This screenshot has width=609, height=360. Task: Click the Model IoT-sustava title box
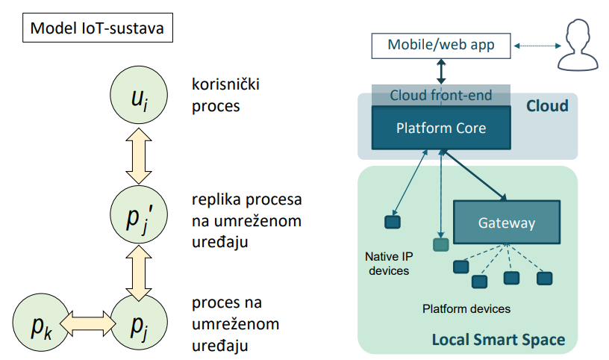pyautogui.click(x=98, y=28)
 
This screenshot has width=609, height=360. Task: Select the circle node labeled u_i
pyautogui.click(x=139, y=95)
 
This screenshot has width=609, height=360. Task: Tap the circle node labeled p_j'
pyautogui.click(x=139, y=214)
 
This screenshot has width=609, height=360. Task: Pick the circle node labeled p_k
pyautogui.click(x=41, y=323)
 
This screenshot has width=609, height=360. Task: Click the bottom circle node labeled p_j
pyautogui.click(x=139, y=323)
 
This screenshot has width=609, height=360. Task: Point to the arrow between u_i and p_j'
pyautogui.click(x=139, y=155)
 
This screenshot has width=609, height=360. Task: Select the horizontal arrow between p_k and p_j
pyautogui.click(x=88, y=323)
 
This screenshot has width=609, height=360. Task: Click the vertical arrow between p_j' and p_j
pyautogui.click(x=139, y=273)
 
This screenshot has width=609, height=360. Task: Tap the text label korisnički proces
pyautogui.click(x=225, y=96)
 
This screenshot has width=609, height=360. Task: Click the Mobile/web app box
pyautogui.click(x=441, y=46)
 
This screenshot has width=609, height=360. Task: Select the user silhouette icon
pyautogui.click(x=578, y=45)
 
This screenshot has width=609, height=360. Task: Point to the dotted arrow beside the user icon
pyautogui.click(x=537, y=46)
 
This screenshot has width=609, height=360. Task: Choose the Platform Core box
pyautogui.click(x=441, y=128)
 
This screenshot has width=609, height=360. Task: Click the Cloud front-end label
pyautogui.click(x=441, y=96)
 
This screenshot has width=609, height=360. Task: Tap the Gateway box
pyautogui.click(x=507, y=223)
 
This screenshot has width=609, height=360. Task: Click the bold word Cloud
pyautogui.click(x=547, y=106)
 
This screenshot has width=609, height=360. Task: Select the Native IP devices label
pyautogui.click(x=389, y=264)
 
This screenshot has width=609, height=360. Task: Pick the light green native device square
pyautogui.click(x=441, y=244)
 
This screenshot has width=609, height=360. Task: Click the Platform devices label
pyautogui.click(x=466, y=309)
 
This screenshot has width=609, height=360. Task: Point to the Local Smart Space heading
pyautogui.click(x=499, y=339)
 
